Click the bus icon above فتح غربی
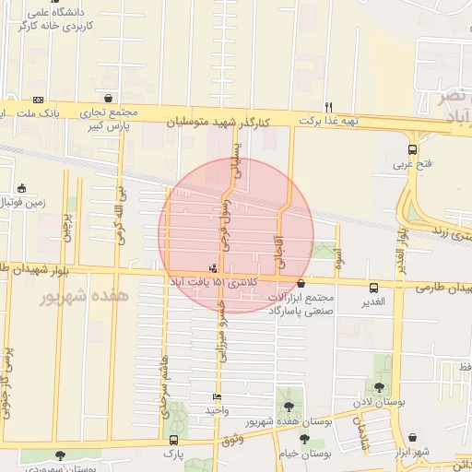point(412,149)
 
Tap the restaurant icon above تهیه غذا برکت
point(329,106)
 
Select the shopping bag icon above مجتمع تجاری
point(109,97)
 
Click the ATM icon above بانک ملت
point(38,100)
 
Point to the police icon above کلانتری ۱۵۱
point(214,268)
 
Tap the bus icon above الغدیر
point(373,287)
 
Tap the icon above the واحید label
point(217,396)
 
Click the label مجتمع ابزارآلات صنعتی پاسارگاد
point(304,305)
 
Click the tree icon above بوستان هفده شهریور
point(289,406)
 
